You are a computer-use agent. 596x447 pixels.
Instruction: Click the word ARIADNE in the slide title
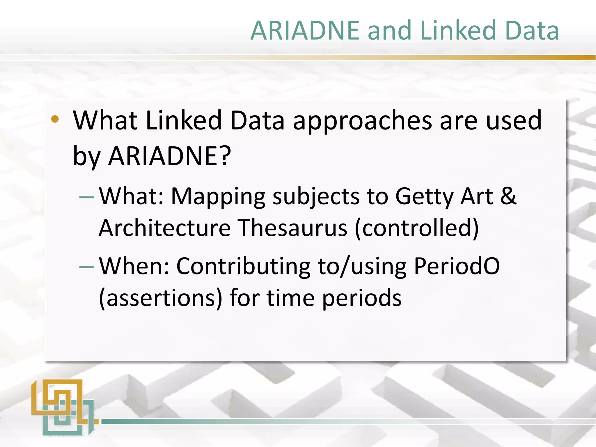tap(305, 31)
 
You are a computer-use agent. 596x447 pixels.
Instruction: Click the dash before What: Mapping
tap(87, 197)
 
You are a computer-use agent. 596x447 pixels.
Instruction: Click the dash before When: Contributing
tap(87, 267)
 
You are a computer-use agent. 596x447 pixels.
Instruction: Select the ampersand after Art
tap(508, 196)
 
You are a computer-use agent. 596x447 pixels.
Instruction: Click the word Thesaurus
tap(292, 228)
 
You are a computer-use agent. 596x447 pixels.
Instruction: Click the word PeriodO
tap(457, 266)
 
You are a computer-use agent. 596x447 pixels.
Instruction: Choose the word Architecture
tap(165, 228)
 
